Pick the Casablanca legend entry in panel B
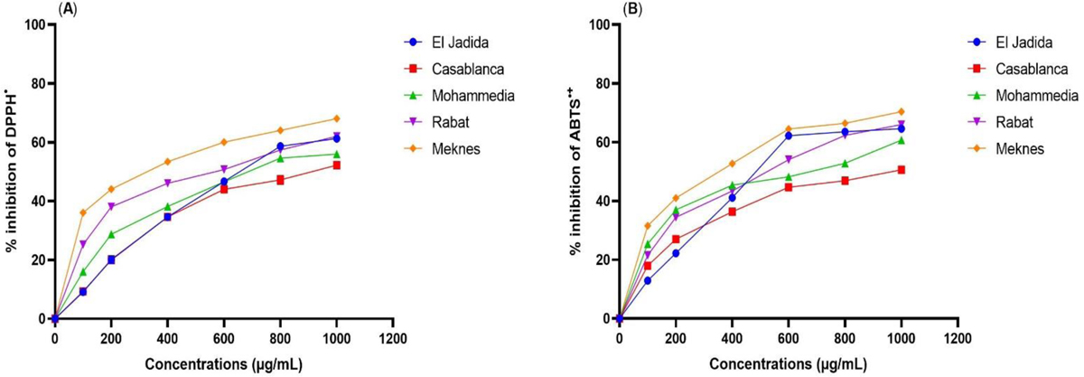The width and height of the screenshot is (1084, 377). pyautogui.click(x=1013, y=68)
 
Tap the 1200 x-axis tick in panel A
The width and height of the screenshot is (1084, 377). pyautogui.click(x=392, y=337)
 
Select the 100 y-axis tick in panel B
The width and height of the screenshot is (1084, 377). pyautogui.click(x=601, y=24)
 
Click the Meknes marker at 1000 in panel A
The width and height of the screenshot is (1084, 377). pyautogui.click(x=336, y=118)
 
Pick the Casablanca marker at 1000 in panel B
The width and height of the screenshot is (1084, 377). pyautogui.click(x=900, y=169)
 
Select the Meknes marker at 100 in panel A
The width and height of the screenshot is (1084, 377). pyautogui.click(x=83, y=212)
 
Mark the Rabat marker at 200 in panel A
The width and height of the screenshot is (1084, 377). pyautogui.click(x=111, y=206)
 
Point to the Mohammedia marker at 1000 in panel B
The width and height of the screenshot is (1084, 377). pyautogui.click(x=900, y=140)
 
